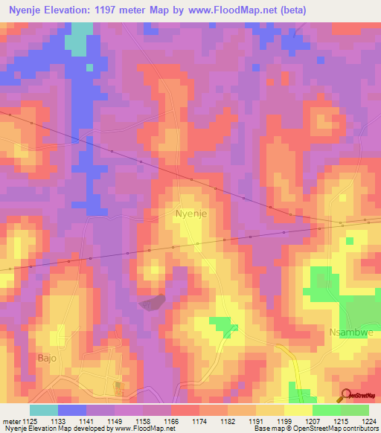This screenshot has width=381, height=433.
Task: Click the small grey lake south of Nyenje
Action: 152,302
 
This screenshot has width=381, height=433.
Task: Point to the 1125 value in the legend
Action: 30,420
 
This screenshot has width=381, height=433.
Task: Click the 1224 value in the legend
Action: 369,420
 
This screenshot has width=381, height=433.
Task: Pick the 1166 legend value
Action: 171,420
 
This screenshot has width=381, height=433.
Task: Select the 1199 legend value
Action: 284,420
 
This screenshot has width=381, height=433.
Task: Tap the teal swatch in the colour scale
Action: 43,410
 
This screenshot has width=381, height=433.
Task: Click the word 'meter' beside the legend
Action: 10,420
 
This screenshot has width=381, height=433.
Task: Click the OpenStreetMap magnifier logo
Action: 346,395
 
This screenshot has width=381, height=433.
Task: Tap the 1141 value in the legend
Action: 86,420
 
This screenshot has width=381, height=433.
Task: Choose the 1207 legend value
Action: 313,420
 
